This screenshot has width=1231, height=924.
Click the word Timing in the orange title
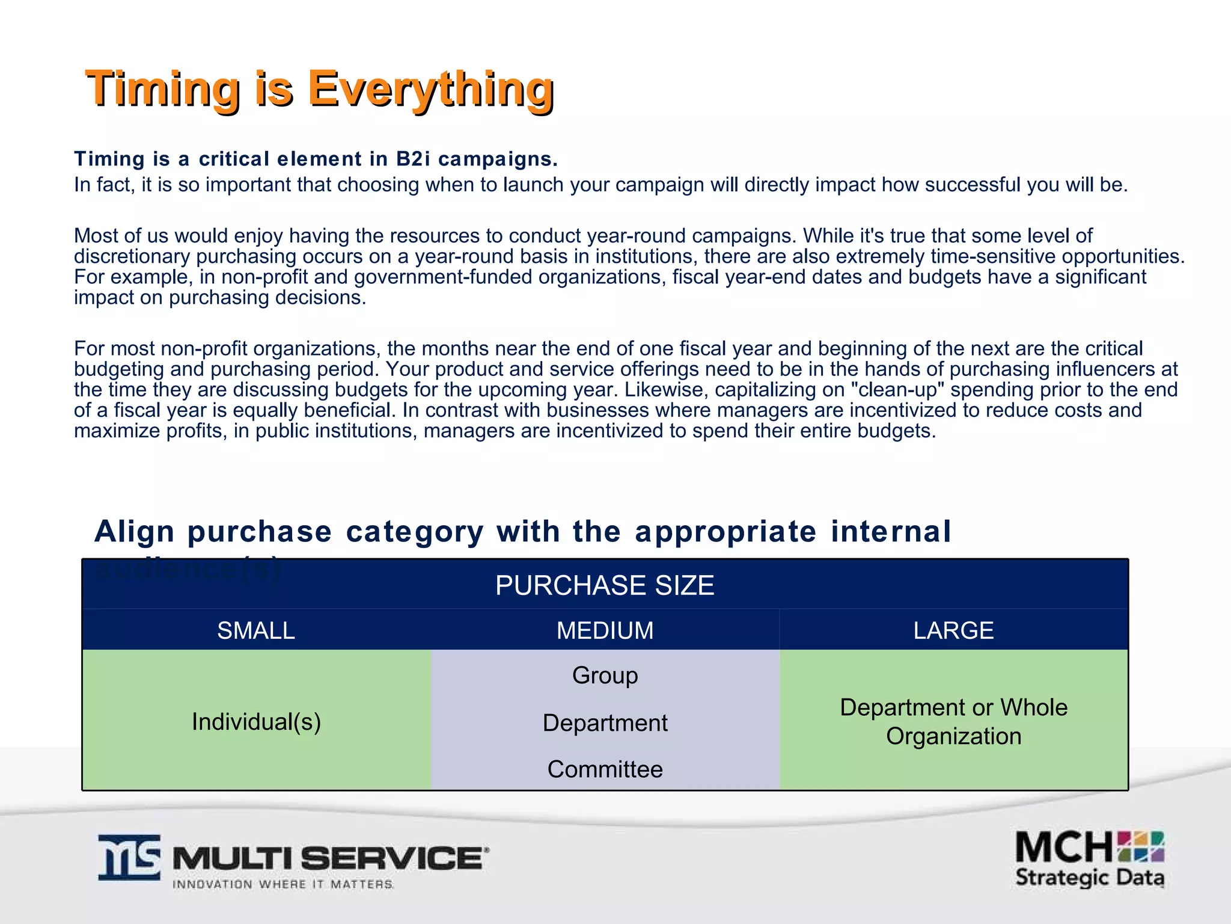click(x=162, y=89)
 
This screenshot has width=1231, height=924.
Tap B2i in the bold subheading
click(x=413, y=159)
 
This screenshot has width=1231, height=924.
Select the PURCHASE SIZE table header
click(x=605, y=585)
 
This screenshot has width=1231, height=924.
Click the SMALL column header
click(x=256, y=630)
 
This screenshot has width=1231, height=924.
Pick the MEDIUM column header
click(x=605, y=630)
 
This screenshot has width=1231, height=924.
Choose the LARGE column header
click(x=953, y=630)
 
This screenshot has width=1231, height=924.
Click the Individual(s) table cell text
click(x=256, y=722)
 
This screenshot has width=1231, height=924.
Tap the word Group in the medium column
click(x=605, y=676)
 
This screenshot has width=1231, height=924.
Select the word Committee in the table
click(x=605, y=769)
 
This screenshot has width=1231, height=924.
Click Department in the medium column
click(x=605, y=723)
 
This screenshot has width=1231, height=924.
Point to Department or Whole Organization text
click(x=953, y=722)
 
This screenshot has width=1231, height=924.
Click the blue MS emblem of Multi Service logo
click(x=130, y=858)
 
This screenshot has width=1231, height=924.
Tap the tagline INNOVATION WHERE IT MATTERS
click(x=283, y=884)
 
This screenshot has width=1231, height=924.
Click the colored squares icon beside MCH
click(x=1141, y=846)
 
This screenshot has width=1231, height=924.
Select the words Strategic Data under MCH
click(x=1089, y=878)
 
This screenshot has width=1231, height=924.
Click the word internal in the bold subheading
click(x=891, y=532)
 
